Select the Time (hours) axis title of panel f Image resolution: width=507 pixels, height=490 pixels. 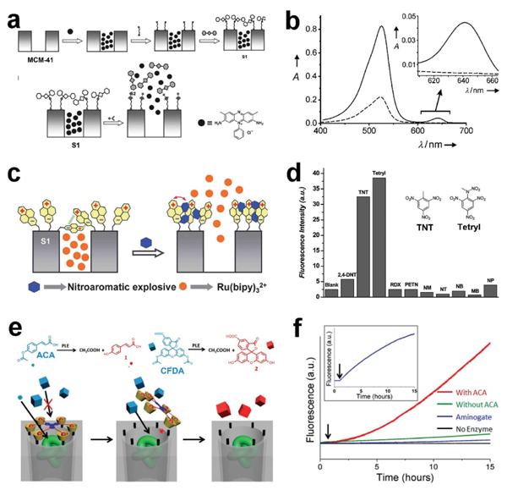[400, 478]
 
